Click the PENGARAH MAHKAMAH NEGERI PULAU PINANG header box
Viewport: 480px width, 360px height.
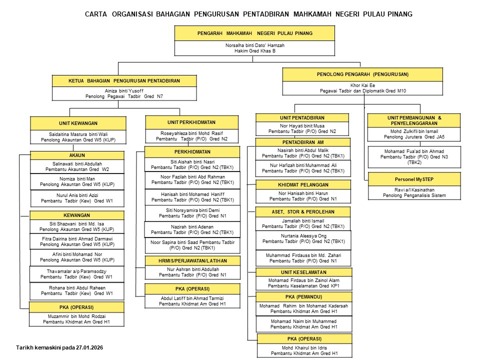(x=254, y=33)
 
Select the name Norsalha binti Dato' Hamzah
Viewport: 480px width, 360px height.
(x=254, y=45)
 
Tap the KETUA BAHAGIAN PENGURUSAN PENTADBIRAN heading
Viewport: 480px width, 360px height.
(x=124, y=80)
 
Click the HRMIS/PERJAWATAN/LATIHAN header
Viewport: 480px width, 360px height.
(x=192, y=261)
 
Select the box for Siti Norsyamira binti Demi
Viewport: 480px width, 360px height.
(x=192, y=213)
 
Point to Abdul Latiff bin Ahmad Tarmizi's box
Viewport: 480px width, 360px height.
(x=192, y=300)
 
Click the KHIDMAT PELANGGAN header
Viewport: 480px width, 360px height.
(x=303, y=185)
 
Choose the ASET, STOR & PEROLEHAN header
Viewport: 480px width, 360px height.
(x=303, y=211)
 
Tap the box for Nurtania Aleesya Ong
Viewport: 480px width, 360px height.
(x=303, y=238)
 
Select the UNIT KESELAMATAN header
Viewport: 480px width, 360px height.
(x=303, y=272)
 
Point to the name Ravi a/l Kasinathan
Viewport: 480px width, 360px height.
(x=405, y=189)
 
